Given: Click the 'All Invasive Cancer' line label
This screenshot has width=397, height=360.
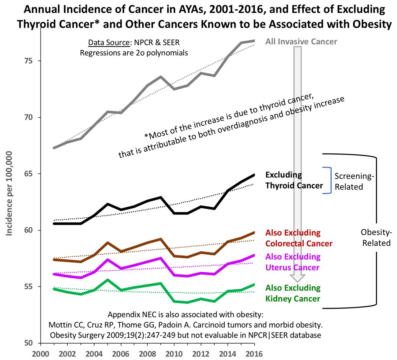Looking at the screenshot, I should tap(301, 41).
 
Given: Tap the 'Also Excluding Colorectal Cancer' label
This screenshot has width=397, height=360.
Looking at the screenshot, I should tap(298, 238).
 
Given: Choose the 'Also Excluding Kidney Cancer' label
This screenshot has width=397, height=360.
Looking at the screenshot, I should tap(293, 293).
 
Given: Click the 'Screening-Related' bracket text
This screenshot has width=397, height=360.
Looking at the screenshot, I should tap(354, 182).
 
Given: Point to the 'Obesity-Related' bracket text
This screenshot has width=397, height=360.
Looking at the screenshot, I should tap(376, 237).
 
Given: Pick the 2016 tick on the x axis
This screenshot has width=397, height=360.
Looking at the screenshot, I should tap(255, 353).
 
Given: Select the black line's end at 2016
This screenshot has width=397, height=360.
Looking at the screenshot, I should tap(255, 175).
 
